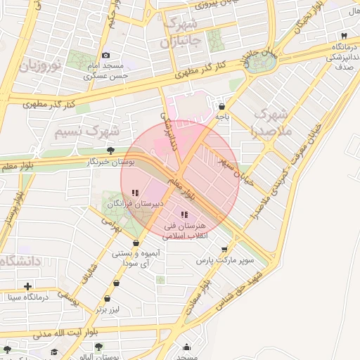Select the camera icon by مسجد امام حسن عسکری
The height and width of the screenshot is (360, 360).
pos(105,55)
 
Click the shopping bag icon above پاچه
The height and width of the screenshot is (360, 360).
pos(222,101)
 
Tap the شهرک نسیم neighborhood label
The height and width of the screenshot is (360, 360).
pos(88,131)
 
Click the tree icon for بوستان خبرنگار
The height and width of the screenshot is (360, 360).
pos(110,150)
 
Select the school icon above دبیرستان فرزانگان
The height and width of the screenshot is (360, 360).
pos(135,193)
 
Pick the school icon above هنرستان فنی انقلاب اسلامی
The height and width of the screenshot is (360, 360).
pos(184,214)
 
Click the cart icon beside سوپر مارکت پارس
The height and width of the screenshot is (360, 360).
pos(224,249)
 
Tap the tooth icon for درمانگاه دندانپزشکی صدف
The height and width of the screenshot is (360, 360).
pos(343,36)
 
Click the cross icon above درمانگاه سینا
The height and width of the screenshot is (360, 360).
pos(27,286)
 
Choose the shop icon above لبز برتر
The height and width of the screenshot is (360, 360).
pos(116,284)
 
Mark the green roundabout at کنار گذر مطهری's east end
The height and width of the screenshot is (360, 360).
pos(262,62)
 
